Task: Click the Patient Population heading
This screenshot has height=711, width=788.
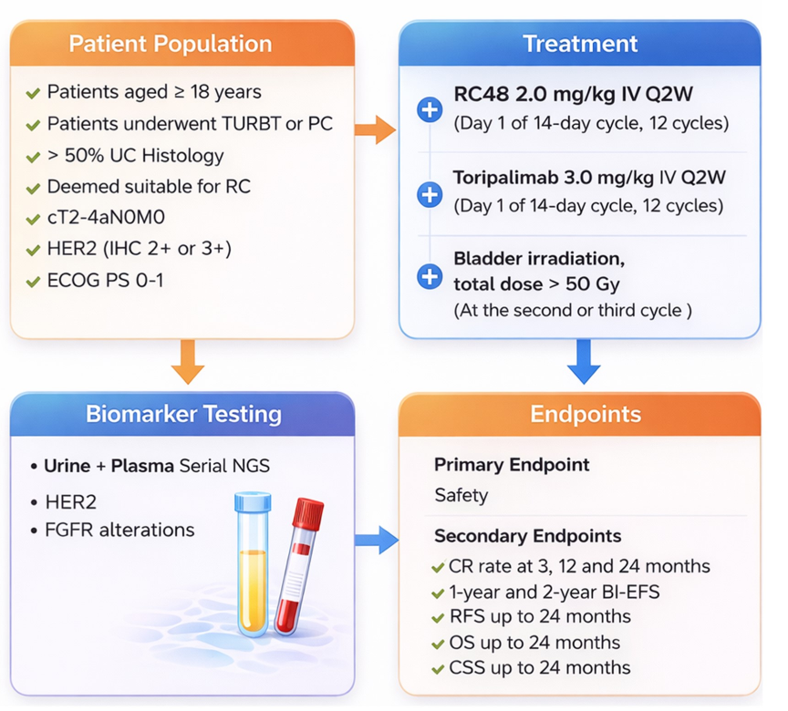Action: (171, 44)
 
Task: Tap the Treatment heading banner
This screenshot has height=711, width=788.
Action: (580, 44)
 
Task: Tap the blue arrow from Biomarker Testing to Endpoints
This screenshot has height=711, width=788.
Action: (376, 541)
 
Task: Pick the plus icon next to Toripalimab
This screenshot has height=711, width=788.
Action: (429, 193)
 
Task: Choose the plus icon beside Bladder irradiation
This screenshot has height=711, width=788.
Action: (429, 276)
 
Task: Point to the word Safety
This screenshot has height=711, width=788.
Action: (461, 496)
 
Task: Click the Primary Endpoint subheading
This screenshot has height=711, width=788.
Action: (511, 465)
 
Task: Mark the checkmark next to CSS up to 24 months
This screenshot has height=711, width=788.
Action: (439, 668)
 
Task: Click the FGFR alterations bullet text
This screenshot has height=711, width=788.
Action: (119, 530)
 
